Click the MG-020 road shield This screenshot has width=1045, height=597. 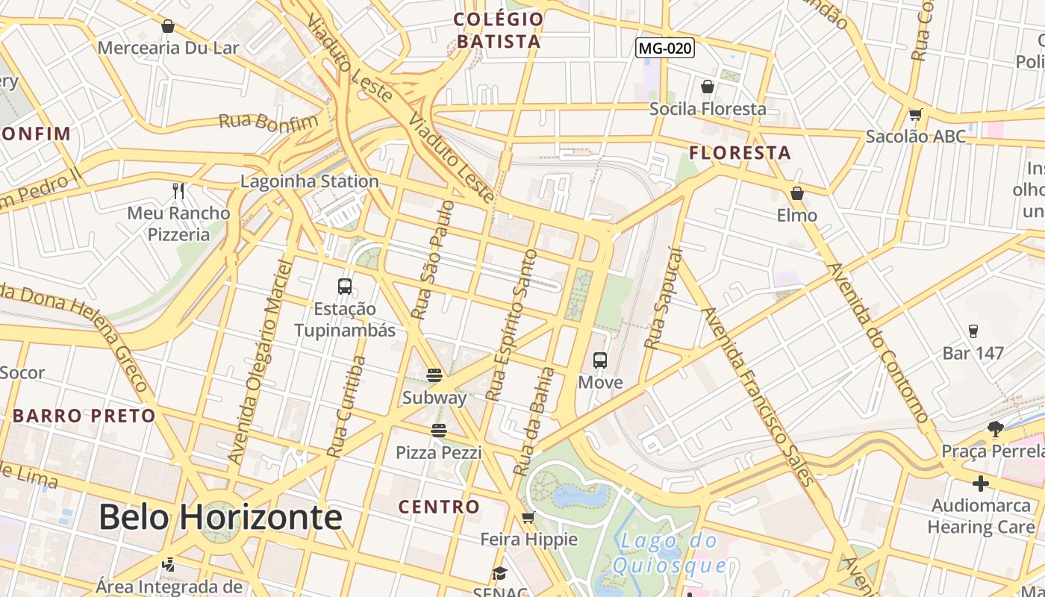(x=665, y=49)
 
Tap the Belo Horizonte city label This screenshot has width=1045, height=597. (x=220, y=517)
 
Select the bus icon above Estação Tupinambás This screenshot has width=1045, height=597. (x=345, y=286)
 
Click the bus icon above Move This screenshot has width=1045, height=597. (x=600, y=360)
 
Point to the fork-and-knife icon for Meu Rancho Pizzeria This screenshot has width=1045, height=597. (x=178, y=191)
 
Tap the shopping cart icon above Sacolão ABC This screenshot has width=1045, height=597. (x=916, y=114)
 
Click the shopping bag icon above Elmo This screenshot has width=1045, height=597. (x=797, y=193)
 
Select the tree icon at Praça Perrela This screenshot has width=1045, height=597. (x=995, y=428)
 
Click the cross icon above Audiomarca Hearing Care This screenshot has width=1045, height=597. (x=981, y=484)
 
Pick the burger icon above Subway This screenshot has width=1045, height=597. (x=434, y=375)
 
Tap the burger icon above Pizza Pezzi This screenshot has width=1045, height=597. (x=438, y=430)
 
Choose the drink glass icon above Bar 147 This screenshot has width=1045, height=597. (x=973, y=331)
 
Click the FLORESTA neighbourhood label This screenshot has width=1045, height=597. (x=740, y=154)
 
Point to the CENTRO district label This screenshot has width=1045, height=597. (x=439, y=507)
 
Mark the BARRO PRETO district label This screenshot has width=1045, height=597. (x=84, y=416)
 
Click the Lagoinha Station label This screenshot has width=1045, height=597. (x=310, y=181)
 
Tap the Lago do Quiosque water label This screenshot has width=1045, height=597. (x=669, y=553)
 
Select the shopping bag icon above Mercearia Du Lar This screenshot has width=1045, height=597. (x=168, y=26)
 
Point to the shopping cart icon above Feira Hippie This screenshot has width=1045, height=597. (x=528, y=517)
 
